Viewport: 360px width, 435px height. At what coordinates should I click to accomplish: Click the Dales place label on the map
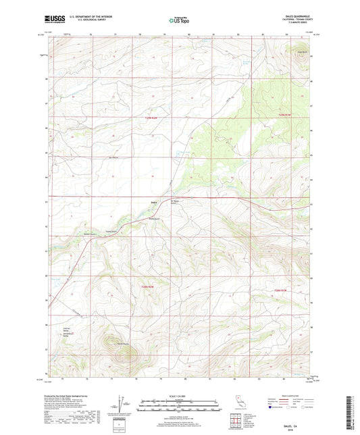(154, 201)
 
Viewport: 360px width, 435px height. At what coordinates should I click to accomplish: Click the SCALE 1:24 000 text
(179, 395)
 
